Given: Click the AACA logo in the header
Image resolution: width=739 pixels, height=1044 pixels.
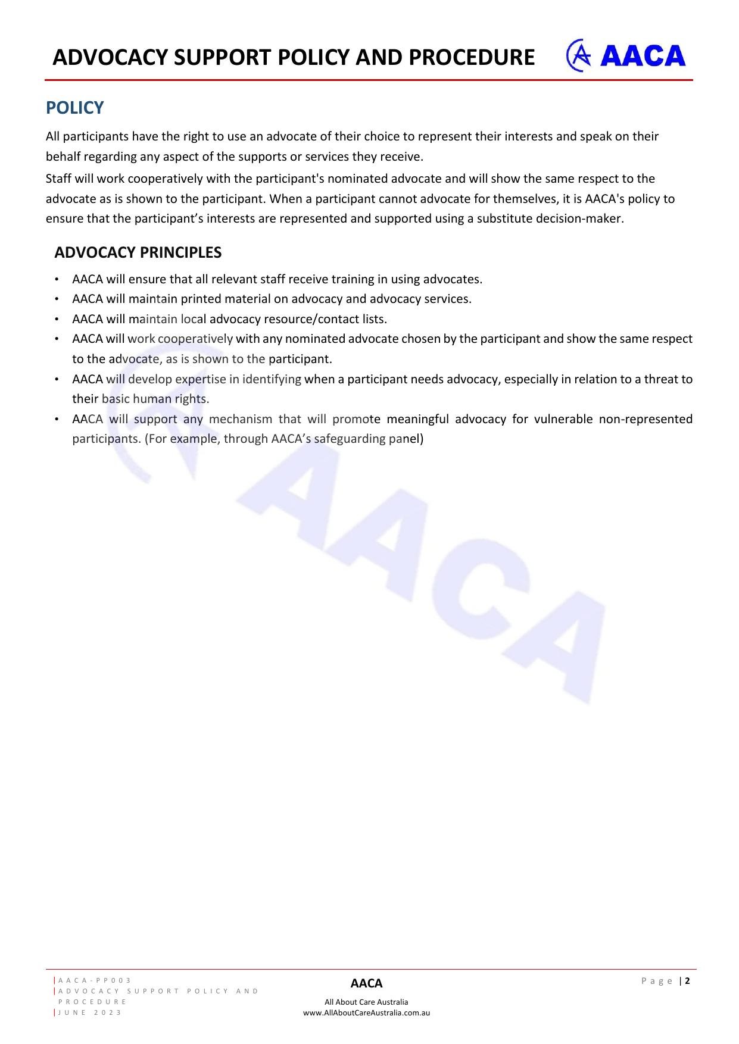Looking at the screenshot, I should coord(626,56).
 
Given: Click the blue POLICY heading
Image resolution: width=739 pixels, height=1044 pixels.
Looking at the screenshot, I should coord(74,108).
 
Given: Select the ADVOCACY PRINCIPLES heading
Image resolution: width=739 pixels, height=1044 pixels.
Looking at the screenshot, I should coord(138,252).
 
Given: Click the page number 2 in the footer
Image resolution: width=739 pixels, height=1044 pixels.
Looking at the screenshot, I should coord(687,981).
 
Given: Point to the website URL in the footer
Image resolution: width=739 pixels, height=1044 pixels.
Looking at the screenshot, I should coord(366,1012).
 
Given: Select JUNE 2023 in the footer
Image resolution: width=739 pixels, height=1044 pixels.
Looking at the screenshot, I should coord(90,1012).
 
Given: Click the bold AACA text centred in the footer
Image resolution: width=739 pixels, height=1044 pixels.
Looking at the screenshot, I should coord(366,983).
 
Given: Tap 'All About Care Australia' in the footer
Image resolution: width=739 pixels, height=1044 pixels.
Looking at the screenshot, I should coord(366,1002).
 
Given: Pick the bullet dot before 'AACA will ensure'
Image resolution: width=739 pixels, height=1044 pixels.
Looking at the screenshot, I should coord(56,280).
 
